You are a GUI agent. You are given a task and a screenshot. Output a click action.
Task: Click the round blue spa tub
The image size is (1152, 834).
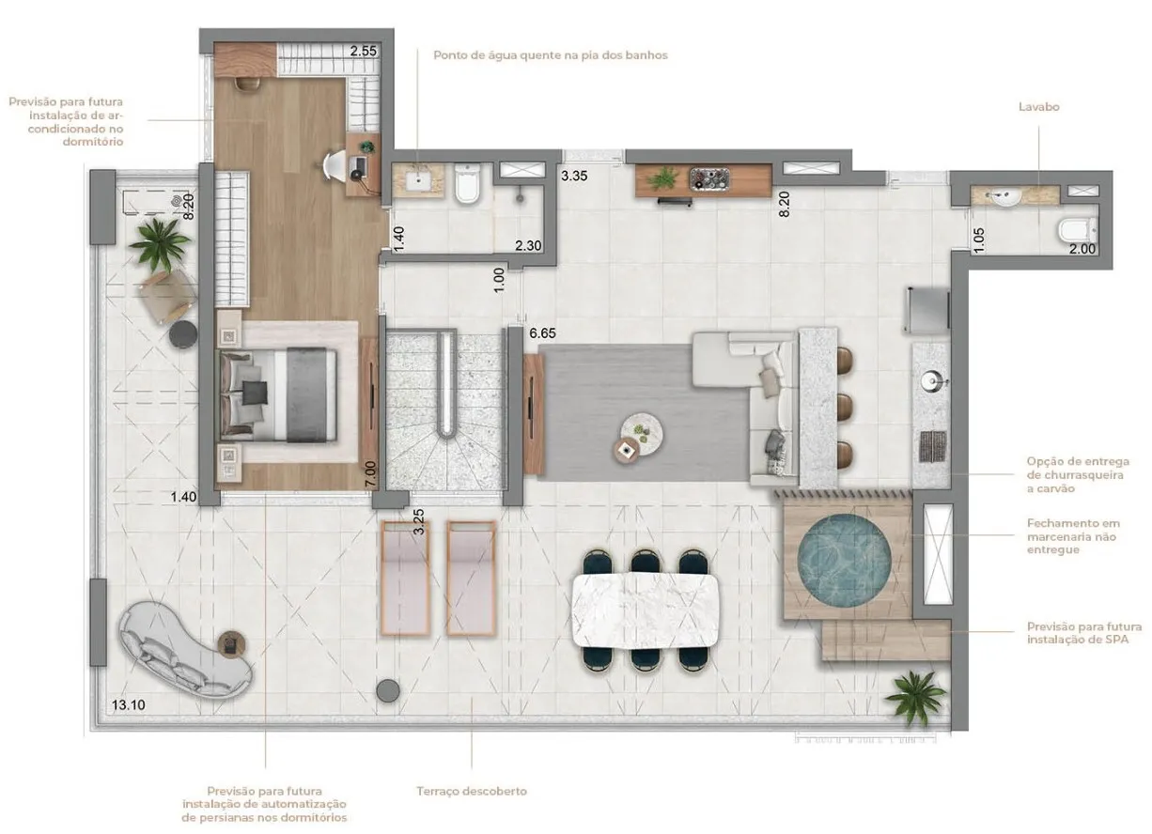(x=844, y=560)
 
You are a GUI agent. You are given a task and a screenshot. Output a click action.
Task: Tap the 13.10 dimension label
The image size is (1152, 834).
(x=128, y=705)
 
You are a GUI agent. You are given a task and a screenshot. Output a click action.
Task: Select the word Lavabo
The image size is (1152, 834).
(x=1039, y=107)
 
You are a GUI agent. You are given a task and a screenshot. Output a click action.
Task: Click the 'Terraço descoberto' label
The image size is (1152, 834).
(x=472, y=792)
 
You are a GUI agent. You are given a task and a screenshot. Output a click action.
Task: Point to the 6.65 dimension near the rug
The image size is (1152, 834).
(x=542, y=333)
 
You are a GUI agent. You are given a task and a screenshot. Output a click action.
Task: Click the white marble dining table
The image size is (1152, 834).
(x=646, y=610)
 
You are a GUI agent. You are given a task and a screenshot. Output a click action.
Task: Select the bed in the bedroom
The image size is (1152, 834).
(x=278, y=394)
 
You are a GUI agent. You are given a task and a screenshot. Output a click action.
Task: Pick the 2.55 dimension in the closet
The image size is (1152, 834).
(x=364, y=51)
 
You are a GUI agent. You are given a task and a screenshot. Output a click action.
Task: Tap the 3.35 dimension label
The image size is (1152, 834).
(x=574, y=176)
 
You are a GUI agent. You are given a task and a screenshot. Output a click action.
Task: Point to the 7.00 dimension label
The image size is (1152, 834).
(x=370, y=473)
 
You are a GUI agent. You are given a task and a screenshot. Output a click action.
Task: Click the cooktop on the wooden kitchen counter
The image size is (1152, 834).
(x=709, y=178)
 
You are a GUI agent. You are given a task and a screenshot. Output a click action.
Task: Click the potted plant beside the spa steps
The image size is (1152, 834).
(x=915, y=697)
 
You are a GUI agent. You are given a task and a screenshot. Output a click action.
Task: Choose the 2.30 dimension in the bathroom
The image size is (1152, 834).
(x=528, y=246)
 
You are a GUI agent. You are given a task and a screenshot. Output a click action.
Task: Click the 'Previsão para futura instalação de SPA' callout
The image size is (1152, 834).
(x=1084, y=633)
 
